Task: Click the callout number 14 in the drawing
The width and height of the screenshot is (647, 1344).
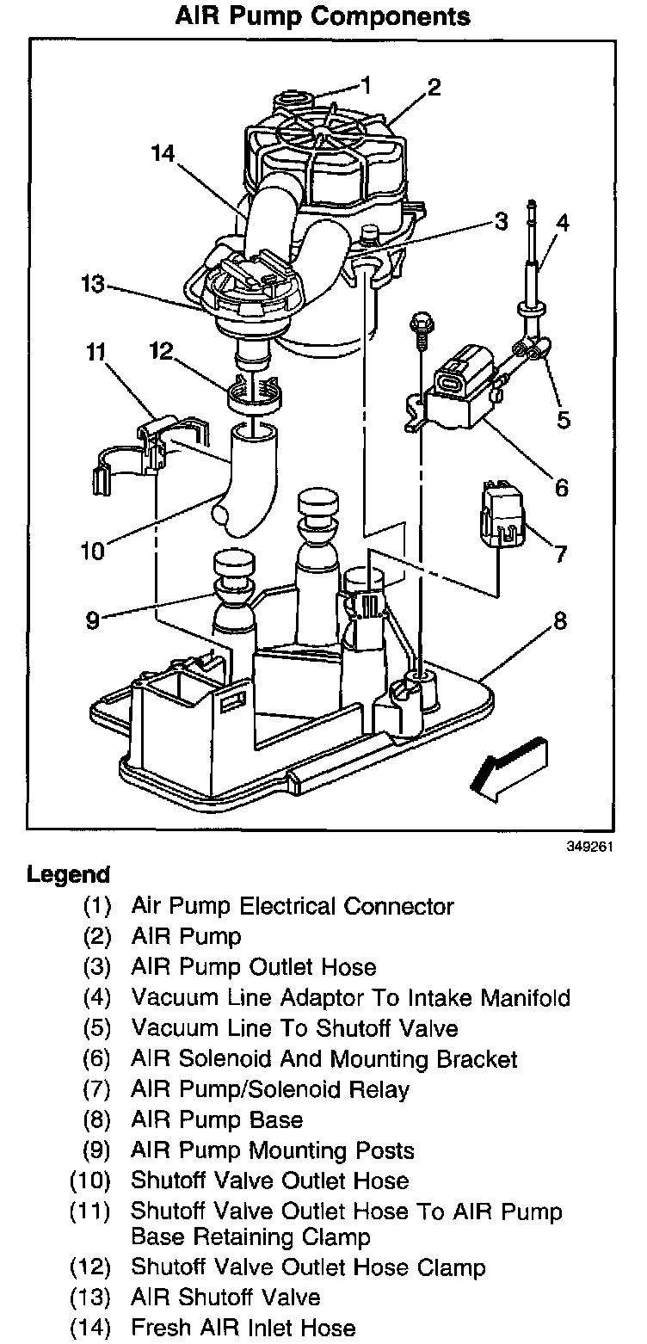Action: (x=163, y=154)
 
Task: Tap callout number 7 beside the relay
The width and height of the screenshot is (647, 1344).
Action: (x=560, y=554)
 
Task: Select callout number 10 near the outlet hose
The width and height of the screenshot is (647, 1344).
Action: (x=92, y=551)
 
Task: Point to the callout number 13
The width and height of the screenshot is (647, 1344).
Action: (x=93, y=284)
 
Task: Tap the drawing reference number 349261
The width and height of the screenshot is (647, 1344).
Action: (x=590, y=848)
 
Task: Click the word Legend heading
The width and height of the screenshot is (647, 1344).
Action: (x=69, y=875)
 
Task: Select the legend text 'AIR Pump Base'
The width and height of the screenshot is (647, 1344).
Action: (x=217, y=1120)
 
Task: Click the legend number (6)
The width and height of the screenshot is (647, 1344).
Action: (x=97, y=1059)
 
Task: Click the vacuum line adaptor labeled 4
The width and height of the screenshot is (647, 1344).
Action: (x=532, y=258)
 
